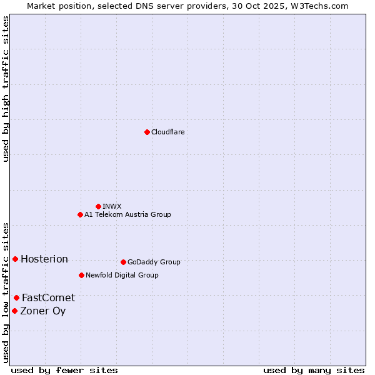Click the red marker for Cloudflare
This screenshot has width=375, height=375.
point(147,132)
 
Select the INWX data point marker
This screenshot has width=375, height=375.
point(98,206)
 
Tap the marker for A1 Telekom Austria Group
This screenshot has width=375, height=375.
point(80,214)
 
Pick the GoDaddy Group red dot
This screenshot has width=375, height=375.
point(123,262)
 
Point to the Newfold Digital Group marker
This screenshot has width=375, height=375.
point(81,275)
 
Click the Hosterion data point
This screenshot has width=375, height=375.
point(15,259)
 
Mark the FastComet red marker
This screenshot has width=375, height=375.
point(16,297)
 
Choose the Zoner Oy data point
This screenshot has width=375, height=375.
point(14,311)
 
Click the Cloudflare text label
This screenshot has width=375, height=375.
point(167,132)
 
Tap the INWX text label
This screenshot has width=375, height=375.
point(112,206)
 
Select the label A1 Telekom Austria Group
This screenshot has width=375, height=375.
point(127,214)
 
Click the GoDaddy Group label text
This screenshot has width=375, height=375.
point(154,262)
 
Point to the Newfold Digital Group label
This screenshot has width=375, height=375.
point(122,275)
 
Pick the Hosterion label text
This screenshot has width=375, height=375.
point(44,259)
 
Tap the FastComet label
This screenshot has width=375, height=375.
point(48,298)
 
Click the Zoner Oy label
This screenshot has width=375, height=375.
point(43,311)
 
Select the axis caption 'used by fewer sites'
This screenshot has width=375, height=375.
point(64,370)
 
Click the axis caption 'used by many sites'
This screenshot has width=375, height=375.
point(314,370)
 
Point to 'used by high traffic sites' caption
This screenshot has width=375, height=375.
point(6,89)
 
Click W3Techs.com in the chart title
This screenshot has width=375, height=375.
point(317,6)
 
